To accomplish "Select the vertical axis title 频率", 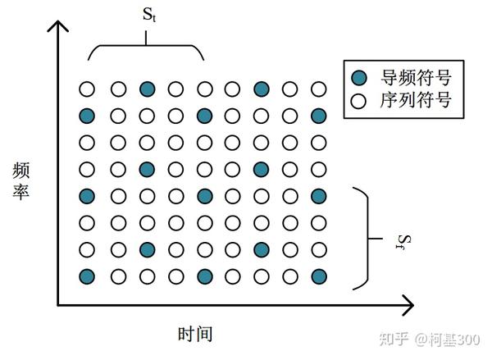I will [22, 185].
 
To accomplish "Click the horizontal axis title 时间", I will [195, 333].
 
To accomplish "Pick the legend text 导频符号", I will [417, 78].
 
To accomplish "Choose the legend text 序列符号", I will [417, 101].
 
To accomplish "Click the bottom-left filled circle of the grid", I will [87, 276].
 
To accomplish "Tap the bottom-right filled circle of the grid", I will [319, 276].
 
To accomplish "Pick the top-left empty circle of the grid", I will [87, 89].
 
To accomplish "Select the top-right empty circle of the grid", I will [319, 89].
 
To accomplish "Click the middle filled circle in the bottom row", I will [204, 276].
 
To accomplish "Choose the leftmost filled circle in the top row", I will [147, 89].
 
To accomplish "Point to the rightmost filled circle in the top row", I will [262, 89].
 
